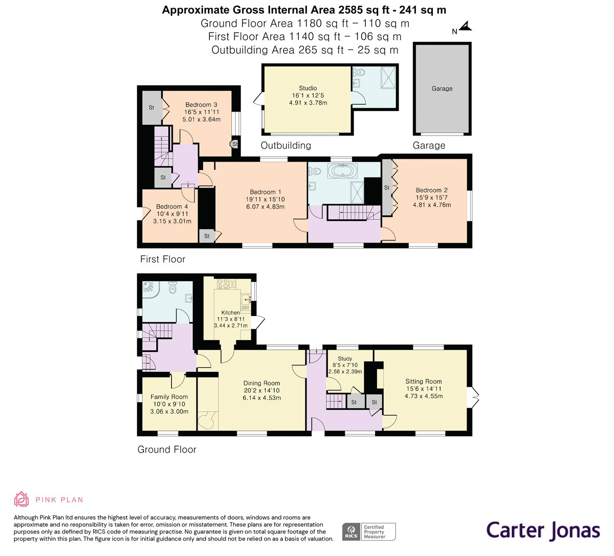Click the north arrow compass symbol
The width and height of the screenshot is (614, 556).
[x=466, y=27]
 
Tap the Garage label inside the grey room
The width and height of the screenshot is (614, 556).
[x=442, y=88]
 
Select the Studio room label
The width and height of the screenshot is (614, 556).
[x=308, y=88]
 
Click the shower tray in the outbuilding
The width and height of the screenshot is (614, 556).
[x=388, y=78]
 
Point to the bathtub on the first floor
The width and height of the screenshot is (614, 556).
[x=342, y=171]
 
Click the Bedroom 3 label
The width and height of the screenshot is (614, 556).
[x=201, y=105]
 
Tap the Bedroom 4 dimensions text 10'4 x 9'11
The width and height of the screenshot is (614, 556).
[x=172, y=214]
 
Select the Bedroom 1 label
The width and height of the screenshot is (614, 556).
[x=266, y=192]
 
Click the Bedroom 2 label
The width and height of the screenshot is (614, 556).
[x=431, y=190]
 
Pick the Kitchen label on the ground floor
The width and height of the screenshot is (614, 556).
[x=230, y=313]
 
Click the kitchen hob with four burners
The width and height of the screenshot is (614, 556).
[x=223, y=284]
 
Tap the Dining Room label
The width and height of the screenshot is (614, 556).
[x=261, y=383]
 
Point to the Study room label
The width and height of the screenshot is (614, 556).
[x=345, y=359]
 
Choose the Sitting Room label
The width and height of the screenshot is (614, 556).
[x=424, y=381]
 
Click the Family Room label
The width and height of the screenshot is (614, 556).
[x=169, y=397]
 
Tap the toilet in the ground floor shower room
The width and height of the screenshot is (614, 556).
[x=173, y=287]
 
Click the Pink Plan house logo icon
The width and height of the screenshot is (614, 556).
[x=21, y=499]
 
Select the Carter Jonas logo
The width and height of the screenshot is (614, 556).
[x=543, y=531]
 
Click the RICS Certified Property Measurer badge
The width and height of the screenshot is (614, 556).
[x=369, y=532]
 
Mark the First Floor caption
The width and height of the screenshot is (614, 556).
[x=163, y=259]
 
